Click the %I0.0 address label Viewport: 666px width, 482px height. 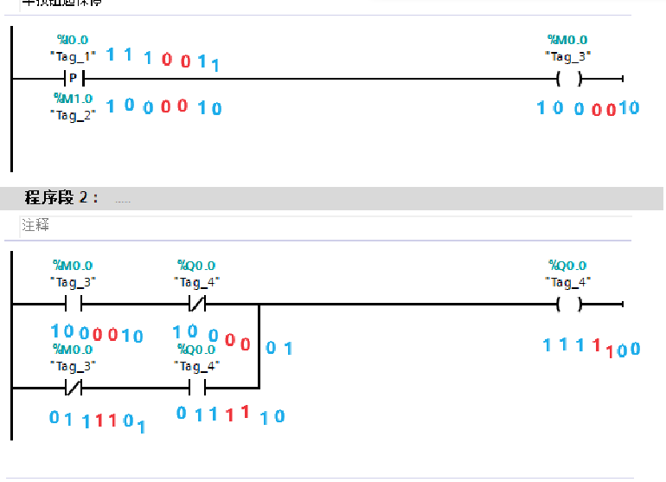tap(73, 40)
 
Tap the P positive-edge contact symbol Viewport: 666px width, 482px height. tap(73, 78)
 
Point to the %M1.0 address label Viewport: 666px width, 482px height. tap(73, 99)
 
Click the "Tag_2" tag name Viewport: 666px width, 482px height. tap(73, 114)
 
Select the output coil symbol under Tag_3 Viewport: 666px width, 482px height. tap(568, 78)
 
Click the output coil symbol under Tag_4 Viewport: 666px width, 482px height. tap(568, 304)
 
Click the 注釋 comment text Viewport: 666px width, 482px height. tap(35, 225)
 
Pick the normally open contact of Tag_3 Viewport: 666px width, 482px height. tap(73, 304)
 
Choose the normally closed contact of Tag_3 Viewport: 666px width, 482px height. tap(73, 387)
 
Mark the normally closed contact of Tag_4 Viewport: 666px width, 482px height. tap(197, 304)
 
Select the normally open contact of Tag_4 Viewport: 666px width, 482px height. tap(197, 387)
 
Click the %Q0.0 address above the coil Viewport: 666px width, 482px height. tap(567, 266)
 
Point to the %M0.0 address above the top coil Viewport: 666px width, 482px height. tap(567, 40)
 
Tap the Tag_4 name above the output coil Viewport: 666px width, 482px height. tap(567, 281)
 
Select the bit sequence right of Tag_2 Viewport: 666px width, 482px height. tap(163, 106)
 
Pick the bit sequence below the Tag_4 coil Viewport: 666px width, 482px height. tap(592, 347)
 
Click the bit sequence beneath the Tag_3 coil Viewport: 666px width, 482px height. tap(587, 108)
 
